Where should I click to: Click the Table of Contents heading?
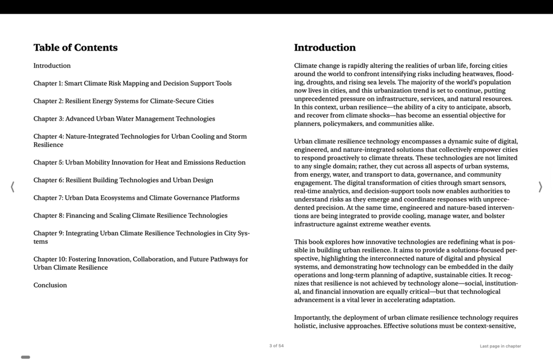[x=75, y=48]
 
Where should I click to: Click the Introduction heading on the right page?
[x=325, y=48]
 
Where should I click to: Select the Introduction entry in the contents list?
[x=52, y=66]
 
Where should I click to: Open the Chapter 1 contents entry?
[x=132, y=84]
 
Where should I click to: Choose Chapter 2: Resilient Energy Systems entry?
[x=123, y=101]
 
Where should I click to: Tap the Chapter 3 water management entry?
[x=124, y=119]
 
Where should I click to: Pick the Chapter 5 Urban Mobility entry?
[x=139, y=163]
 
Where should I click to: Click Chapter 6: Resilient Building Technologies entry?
[x=123, y=181]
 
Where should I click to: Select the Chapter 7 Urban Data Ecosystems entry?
[x=136, y=198]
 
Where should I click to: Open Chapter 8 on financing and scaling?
[x=130, y=216]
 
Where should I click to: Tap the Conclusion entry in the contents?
[x=50, y=286]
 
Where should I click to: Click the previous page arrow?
[x=13, y=187]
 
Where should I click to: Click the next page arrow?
[x=540, y=187]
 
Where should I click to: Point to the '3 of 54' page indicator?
[x=276, y=346]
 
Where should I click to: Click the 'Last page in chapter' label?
[x=500, y=346]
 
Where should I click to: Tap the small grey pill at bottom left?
[x=25, y=357]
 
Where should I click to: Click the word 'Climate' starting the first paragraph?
[x=305, y=66]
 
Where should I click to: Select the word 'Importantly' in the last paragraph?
[x=313, y=318]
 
